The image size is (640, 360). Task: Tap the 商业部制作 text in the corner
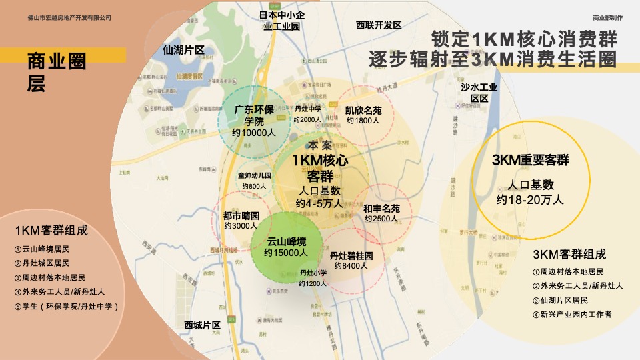point(607,17)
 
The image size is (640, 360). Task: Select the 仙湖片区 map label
point(183,50)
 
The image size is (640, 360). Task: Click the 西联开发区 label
point(379,25)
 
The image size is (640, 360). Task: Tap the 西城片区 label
point(202,325)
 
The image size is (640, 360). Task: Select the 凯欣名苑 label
point(363,111)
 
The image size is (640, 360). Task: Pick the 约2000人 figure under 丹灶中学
point(308,119)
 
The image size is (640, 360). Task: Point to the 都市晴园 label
point(241,216)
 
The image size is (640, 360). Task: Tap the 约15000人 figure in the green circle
point(286,253)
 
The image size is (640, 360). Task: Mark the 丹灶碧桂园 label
point(351,255)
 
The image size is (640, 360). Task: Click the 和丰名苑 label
point(381,208)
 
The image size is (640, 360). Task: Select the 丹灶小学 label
point(313,273)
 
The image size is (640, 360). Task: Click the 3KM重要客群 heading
point(530,161)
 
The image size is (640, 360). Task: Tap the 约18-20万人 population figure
point(530,199)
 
